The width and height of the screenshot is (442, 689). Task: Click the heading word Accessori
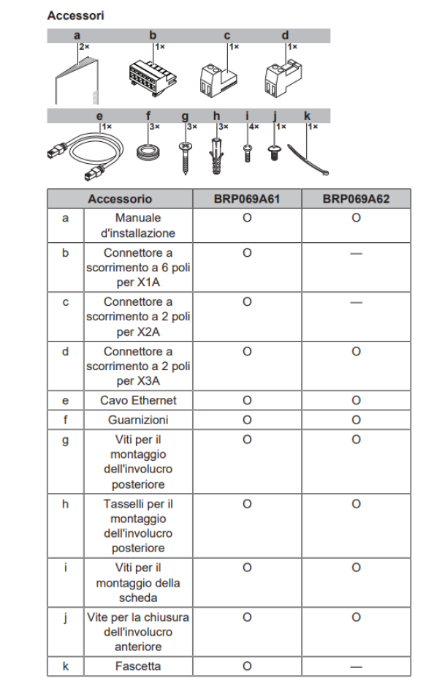(x=75, y=15)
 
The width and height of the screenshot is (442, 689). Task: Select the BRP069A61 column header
(x=246, y=198)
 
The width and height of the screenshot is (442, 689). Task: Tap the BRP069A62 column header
(x=356, y=198)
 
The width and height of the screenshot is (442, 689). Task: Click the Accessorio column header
(x=120, y=198)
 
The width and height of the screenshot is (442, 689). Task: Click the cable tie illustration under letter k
(x=310, y=156)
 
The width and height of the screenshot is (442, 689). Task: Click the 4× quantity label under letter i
(x=254, y=127)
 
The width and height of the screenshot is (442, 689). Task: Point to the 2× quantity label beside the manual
(x=83, y=46)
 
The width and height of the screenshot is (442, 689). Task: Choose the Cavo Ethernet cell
(x=138, y=400)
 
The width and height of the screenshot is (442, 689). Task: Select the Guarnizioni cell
(x=138, y=420)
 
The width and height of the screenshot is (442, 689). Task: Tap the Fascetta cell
(x=138, y=666)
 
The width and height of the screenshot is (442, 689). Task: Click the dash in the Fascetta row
(x=356, y=666)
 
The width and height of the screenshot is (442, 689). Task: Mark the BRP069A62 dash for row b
(x=356, y=252)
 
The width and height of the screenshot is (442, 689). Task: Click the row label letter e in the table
(x=66, y=400)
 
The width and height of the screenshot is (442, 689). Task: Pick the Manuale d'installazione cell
(x=138, y=225)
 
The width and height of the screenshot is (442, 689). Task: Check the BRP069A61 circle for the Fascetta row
(x=246, y=666)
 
